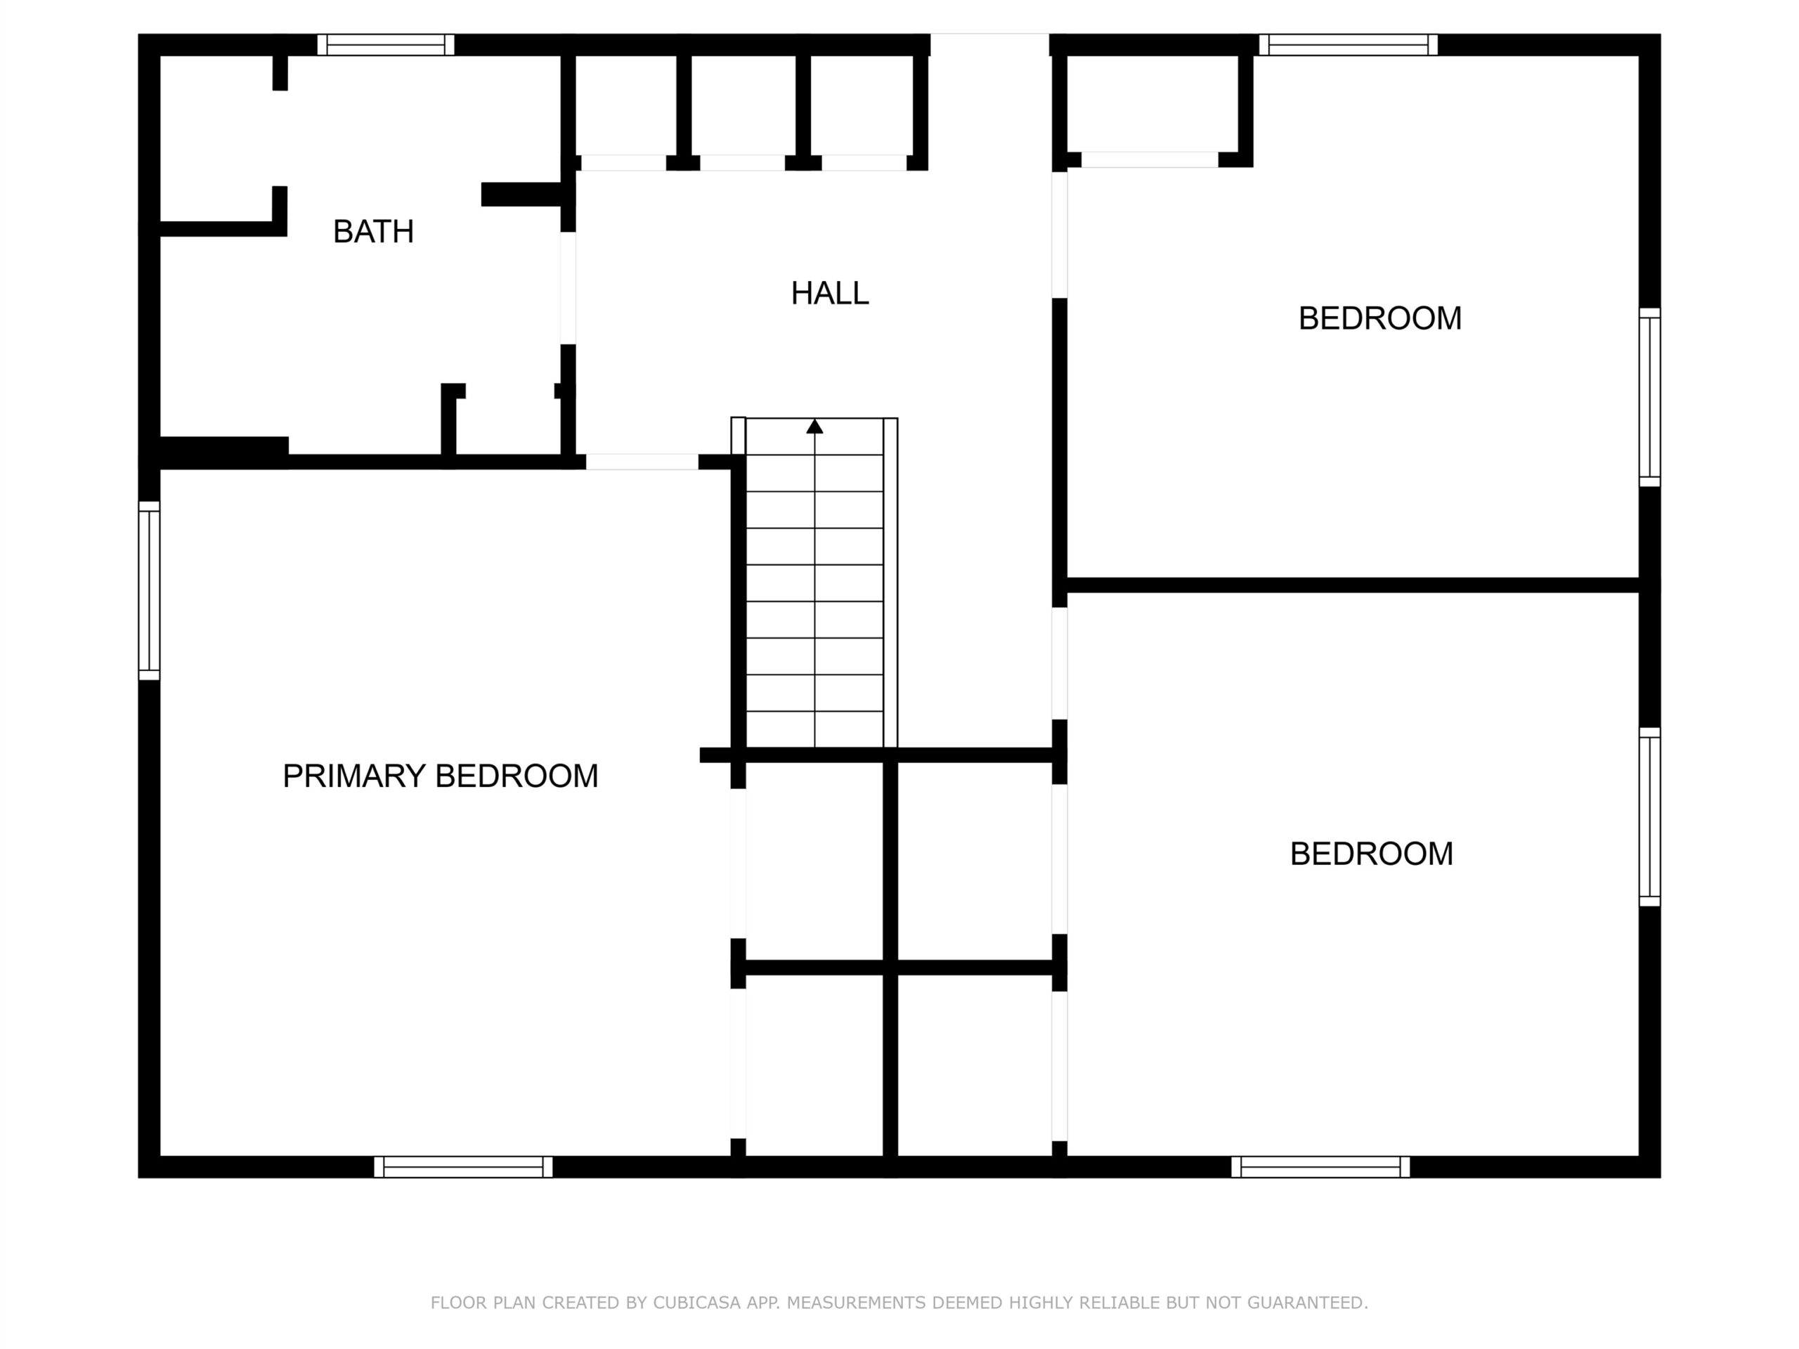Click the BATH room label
click(x=373, y=232)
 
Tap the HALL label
click(x=829, y=293)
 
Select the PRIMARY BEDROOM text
click(x=440, y=776)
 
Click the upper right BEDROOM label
click(x=1379, y=318)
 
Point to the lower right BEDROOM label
click(x=1371, y=854)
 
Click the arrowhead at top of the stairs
click(x=815, y=426)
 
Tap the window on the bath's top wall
click(x=386, y=45)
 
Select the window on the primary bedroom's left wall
click(x=149, y=590)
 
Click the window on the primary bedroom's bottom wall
click(x=463, y=1167)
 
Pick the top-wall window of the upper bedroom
click(x=1349, y=45)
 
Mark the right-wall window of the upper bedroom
click(x=1649, y=398)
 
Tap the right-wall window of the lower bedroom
click(x=1649, y=817)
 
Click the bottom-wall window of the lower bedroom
click(x=1320, y=1167)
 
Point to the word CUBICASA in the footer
click(x=697, y=1303)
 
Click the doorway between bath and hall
click(x=568, y=288)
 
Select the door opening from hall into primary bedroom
click(x=642, y=462)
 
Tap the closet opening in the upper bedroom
click(x=1149, y=159)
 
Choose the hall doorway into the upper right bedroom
click(x=1059, y=235)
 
